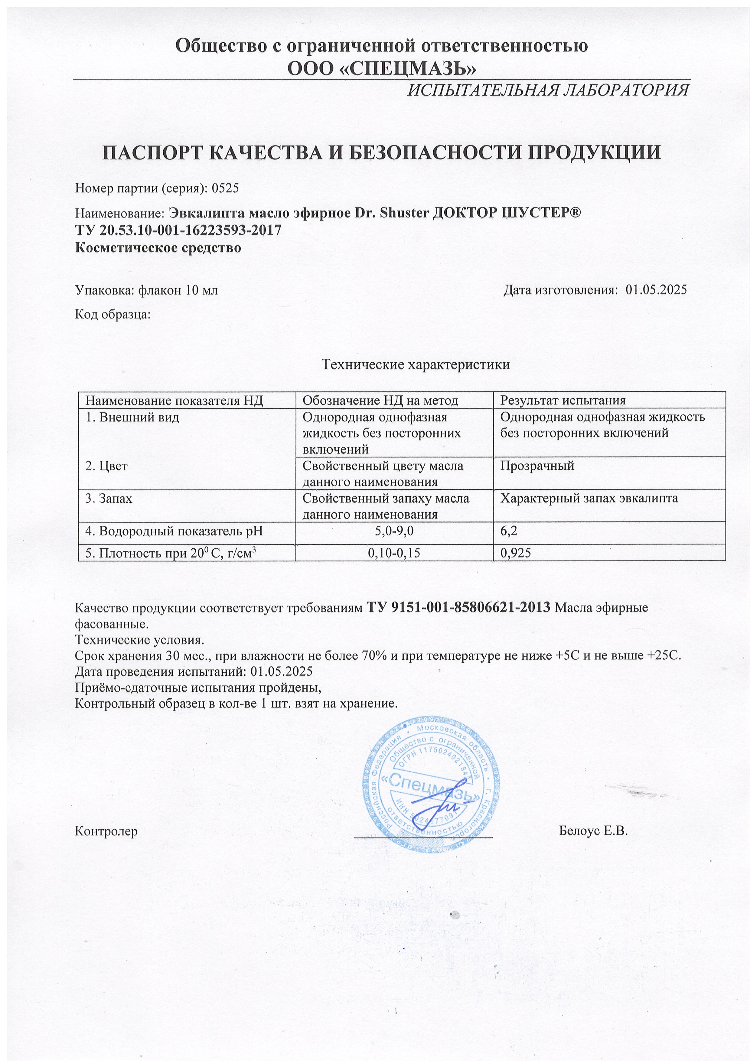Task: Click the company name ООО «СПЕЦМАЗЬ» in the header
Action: [x=382, y=68]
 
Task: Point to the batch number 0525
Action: [x=225, y=188]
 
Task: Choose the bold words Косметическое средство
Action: [x=158, y=248]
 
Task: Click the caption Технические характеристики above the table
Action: [x=416, y=364]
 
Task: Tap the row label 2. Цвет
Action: [x=106, y=466]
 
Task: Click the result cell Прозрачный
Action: [x=537, y=466]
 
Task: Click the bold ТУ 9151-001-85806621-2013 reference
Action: [x=458, y=608]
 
